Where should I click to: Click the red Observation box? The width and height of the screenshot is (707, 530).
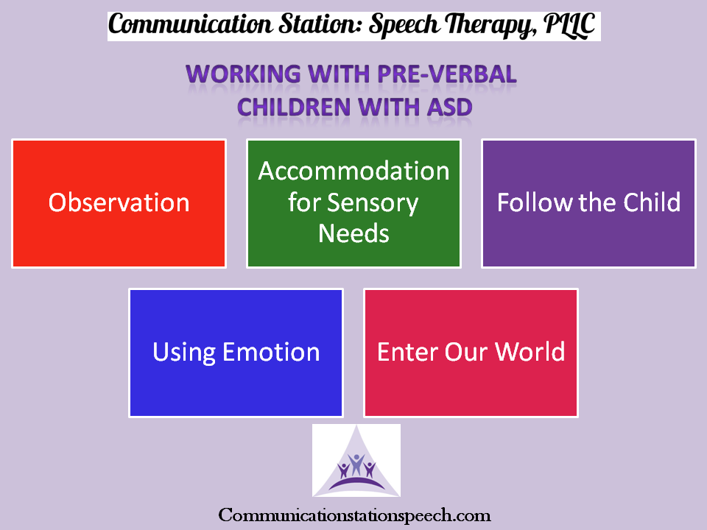tap(119, 203)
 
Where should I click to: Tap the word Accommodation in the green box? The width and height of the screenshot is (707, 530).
tap(354, 172)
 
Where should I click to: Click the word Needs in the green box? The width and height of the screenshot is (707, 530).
tap(354, 233)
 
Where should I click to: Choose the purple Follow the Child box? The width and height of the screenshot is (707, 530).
tap(589, 203)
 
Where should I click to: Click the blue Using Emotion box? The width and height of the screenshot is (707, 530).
tap(236, 353)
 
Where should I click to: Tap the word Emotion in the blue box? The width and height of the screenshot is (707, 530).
tap(271, 352)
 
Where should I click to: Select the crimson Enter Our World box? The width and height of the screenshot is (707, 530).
tap(471, 353)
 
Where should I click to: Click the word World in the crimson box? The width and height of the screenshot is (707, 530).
tap(530, 352)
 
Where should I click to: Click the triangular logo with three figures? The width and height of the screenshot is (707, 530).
tap(356, 460)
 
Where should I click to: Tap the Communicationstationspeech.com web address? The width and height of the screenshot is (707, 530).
tap(354, 515)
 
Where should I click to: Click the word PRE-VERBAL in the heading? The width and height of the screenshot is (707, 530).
tap(447, 74)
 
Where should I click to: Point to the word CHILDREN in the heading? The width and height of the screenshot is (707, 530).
tap(294, 107)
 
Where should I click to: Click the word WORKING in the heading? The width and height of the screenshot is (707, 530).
tap(244, 74)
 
